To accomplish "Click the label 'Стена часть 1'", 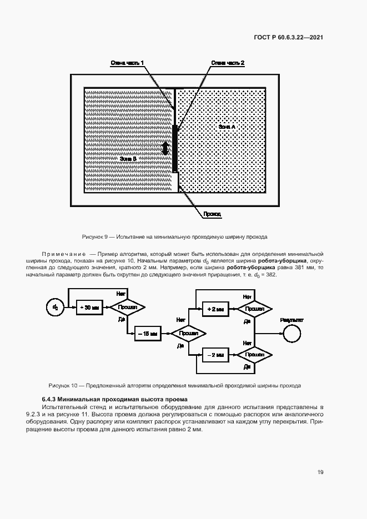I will point(127,63).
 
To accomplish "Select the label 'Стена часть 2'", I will point(227,63).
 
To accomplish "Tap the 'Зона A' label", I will point(227,127).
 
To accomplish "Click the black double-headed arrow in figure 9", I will point(165,148).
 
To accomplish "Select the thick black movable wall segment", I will point(175,149).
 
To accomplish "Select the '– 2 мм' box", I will point(215,354).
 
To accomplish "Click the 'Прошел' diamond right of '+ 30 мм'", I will point(127,307).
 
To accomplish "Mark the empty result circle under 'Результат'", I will point(291,333).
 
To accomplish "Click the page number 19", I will point(320,472).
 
